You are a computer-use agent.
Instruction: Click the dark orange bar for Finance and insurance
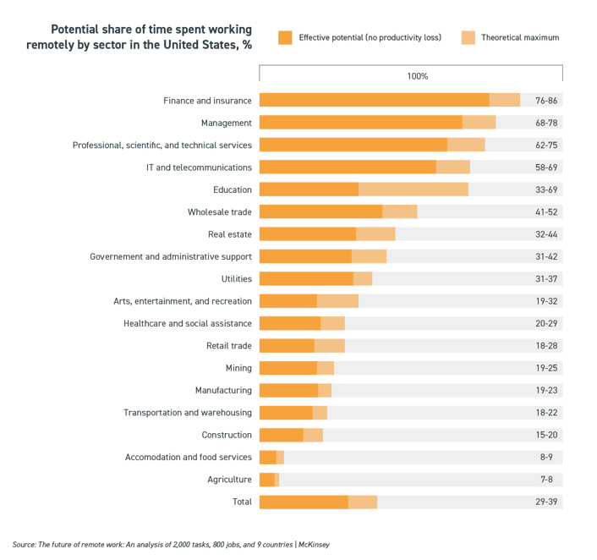(x=374, y=100)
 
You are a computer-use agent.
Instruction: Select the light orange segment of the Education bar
(x=413, y=189)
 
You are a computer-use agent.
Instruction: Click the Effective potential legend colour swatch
(x=285, y=37)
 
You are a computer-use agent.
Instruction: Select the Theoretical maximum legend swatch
(x=468, y=37)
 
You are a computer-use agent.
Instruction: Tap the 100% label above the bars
(x=417, y=76)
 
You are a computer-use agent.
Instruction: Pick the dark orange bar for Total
(x=303, y=502)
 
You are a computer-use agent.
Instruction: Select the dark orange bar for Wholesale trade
(x=320, y=211)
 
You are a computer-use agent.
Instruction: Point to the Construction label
(x=226, y=435)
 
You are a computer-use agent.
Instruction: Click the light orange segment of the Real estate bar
(x=375, y=233)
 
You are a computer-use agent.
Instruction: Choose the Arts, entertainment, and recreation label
(x=182, y=301)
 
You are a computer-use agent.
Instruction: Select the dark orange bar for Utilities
(x=305, y=278)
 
